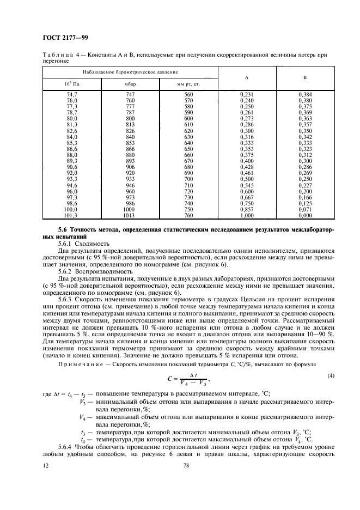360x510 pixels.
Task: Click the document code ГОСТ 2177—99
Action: pyautogui.click(x=65, y=38)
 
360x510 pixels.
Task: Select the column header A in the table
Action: pyautogui.click(x=247, y=78)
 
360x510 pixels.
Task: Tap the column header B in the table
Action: pyautogui.click(x=304, y=78)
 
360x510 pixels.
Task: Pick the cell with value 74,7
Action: pyautogui.click(x=72, y=95)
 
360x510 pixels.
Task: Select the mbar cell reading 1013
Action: pyautogui.click(x=130, y=215)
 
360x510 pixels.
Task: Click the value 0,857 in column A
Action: pyautogui.click(x=247, y=209)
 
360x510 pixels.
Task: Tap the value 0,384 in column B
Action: pyautogui.click(x=304, y=95)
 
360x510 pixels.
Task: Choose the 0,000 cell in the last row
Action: pyautogui.click(x=304, y=215)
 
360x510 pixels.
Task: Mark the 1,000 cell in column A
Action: pyautogui.click(x=247, y=215)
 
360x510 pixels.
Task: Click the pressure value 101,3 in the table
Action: pyautogui.click(x=71, y=215)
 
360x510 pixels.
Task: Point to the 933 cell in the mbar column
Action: pyautogui.click(x=130, y=179)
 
